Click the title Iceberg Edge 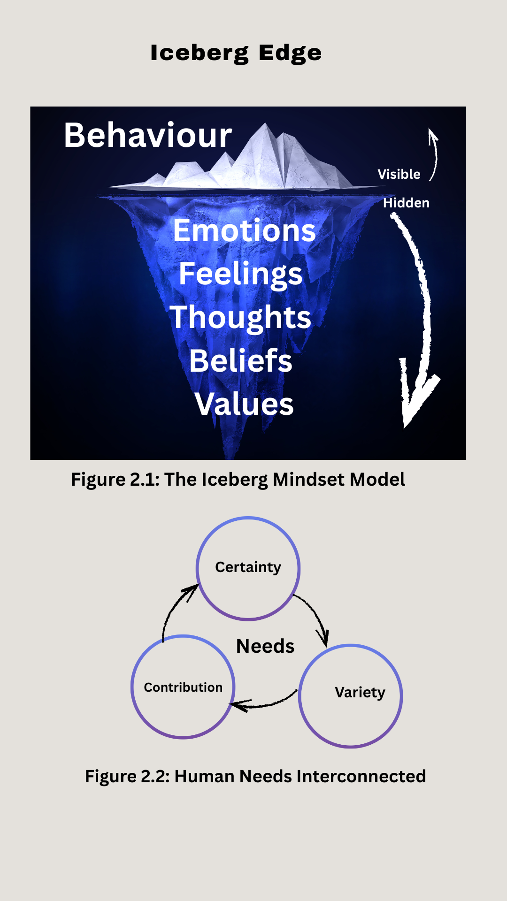236,53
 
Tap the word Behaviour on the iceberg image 148,135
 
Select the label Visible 399,174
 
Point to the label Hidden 406,203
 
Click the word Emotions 244,230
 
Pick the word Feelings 240,274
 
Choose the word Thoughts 240,317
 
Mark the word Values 244,404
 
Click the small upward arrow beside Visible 434,155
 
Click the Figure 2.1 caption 238,480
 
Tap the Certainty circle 248,568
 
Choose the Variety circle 350,696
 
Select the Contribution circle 183,687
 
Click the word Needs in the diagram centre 265,646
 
